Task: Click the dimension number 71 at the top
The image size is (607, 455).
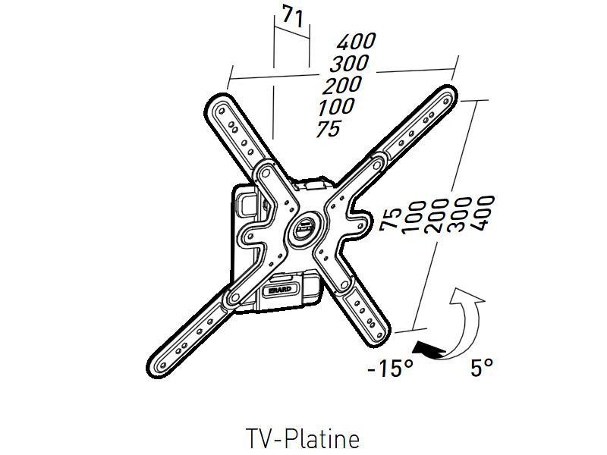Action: (292, 16)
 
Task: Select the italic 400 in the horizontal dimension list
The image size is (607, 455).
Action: (356, 41)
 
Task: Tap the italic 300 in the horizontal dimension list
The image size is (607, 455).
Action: (349, 64)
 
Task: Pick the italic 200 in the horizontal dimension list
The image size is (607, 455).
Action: (342, 85)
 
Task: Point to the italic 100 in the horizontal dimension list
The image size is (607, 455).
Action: (336, 106)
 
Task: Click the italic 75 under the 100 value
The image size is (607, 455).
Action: (329, 128)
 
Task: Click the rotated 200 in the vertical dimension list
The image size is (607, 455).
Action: (436, 216)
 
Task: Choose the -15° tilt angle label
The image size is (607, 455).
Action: (390, 368)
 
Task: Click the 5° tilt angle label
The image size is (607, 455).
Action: (482, 367)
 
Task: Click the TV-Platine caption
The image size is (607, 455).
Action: (303, 439)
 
